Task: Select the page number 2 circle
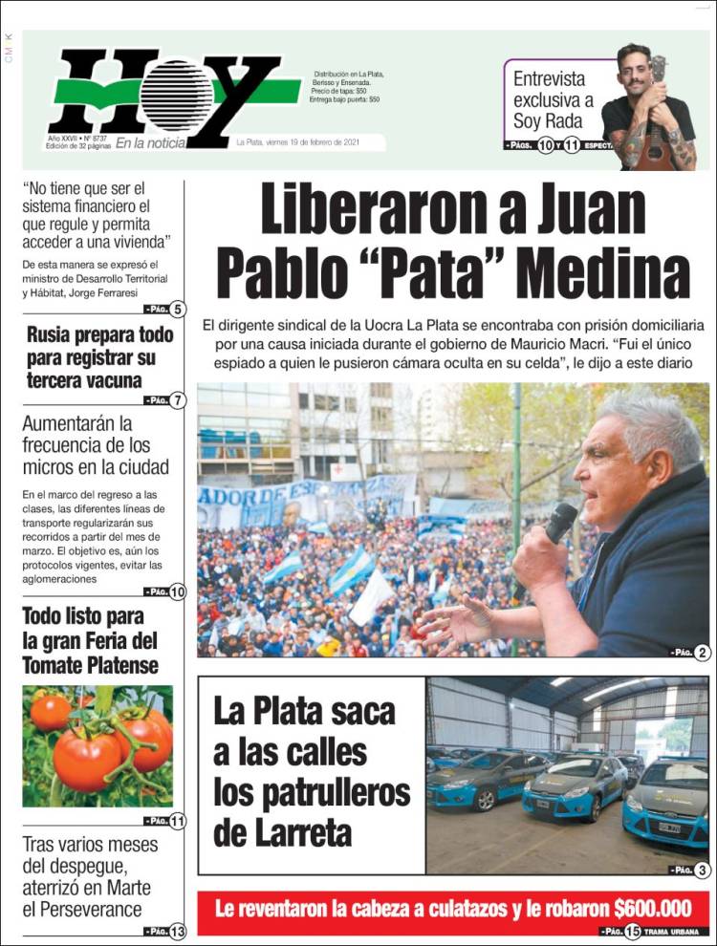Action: click(x=703, y=653)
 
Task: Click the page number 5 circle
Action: click(x=179, y=309)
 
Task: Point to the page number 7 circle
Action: click(x=178, y=400)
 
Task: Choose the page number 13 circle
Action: click(x=178, y=932)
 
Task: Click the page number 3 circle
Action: click(x=703, y=871)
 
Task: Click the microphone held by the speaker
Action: click(x=556, y=526)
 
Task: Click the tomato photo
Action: click(x=98, y=745)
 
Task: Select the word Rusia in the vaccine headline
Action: click(x=54, y=335)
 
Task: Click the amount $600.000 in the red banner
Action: click(x=657, y=907)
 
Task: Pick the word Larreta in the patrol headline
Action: click(x=283, y=832)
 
